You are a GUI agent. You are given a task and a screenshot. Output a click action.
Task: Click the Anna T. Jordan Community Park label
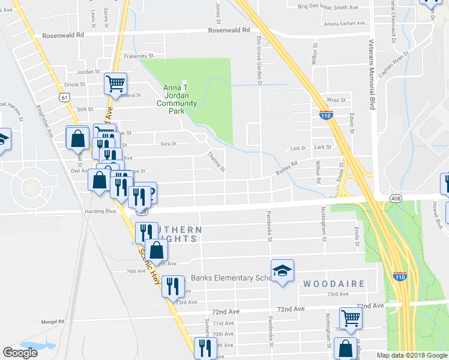tap(176, 100)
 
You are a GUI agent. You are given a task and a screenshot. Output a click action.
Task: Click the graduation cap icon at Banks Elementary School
tap(282, 271)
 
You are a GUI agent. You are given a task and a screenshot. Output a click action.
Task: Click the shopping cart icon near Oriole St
tap(115, 85)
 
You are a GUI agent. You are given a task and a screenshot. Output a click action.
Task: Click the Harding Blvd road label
tap(101, 211)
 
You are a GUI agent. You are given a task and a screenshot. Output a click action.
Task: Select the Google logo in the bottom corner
tap(20, 353)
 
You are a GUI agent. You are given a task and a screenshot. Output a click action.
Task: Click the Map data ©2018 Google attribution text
tap(412, 355)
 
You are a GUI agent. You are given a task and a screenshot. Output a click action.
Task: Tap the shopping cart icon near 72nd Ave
tap(351, 318)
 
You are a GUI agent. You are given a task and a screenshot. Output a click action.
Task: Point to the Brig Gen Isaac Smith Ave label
tap(328, 7)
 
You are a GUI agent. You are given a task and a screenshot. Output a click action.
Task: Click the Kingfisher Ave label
tap(46, 122)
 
